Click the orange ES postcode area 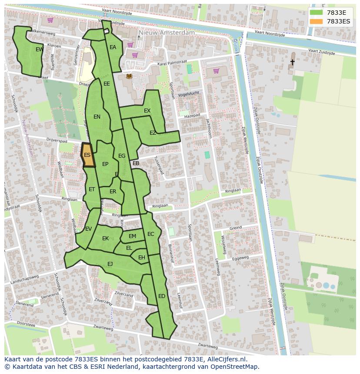(87, 155)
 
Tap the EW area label (39, 50)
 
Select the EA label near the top (113, 47)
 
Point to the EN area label (97, 116)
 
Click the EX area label (147, 111)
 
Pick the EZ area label (153, 133)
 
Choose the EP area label (105, 164)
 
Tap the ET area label (92, 189)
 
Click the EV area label (88, 229)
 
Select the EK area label (106, 238)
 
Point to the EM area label (132, 236)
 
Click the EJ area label (110, 264)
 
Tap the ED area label (162, 296)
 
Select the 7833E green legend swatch (316, 13)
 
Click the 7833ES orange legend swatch (316, 21)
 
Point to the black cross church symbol (292, 63)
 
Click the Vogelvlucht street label (188, 93)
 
